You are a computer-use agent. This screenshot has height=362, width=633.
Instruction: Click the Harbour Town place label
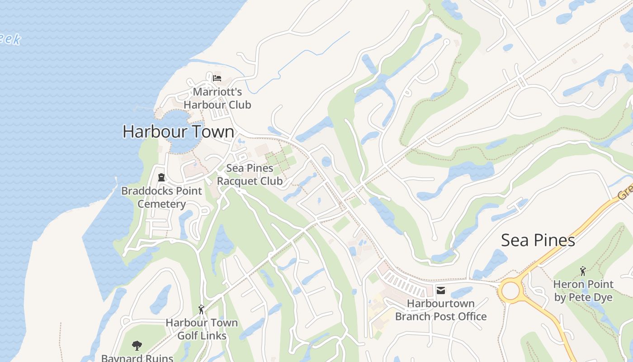pyautogui.click(x=179, y=132)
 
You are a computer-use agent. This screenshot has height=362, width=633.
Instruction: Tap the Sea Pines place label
pyautogui.click(x=538, y=240)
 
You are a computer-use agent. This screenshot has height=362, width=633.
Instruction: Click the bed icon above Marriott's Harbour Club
pyautogui.click(x=217, y=78)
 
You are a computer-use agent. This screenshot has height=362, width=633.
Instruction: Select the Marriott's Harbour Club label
pyautogui.click(x=217, y=98)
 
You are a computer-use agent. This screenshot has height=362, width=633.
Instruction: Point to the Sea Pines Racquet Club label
pyautogui.click(x=250, y=175)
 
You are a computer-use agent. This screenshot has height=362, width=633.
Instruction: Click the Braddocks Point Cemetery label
pyautogui.click(x=161, y=197)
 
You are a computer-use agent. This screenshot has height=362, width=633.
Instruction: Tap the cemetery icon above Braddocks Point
pyautogui.click(x=161, y=177)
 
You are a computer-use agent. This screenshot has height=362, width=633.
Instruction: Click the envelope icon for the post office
pyautogui.click(x=440, y=291)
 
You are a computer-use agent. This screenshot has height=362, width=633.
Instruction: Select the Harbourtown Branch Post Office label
pyautogui.click(x=441, y=310)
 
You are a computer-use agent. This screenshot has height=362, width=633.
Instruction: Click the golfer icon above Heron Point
pyautogui.click(x=583, y=271)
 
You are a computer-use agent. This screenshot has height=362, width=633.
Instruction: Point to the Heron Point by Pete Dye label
pyautogui.click(x=583, y=291)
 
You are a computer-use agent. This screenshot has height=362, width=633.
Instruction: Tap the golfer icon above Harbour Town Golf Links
pyautogui.click(x=202, y=310)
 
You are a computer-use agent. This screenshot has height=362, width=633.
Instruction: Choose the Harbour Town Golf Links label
pyautogui.click(x=202, y=329)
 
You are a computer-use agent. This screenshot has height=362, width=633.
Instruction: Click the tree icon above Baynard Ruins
pyautogui.click(x=137, y=346)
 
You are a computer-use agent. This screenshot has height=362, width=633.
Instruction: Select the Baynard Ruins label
pyautogui.click(x=137, y=358)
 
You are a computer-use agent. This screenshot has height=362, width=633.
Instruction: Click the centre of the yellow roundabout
pyautogui.click(x=510, y=291)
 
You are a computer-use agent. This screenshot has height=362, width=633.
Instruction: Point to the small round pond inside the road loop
pyautogui.click(x=326, y=162)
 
